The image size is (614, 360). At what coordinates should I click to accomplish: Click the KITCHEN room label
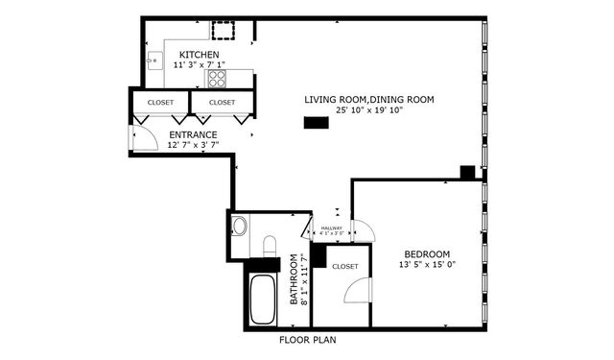point(199,55)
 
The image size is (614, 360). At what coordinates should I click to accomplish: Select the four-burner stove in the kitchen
point(218,78)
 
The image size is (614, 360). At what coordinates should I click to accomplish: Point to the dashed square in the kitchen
point(224,27)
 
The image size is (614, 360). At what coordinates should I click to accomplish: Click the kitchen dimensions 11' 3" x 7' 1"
point(199,65)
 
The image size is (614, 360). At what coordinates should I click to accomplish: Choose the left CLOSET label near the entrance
point(160,102)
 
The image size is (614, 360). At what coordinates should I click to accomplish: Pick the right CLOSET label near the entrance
point(222,102)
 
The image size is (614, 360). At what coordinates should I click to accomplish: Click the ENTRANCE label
point(193,134)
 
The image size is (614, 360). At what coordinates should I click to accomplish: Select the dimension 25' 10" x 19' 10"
point(369,110)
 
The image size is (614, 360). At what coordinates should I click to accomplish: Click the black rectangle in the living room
point(315,122)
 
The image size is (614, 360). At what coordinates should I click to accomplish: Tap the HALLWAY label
point(331,228)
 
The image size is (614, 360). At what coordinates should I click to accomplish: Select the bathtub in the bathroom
point(261,300)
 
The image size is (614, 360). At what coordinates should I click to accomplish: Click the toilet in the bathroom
point(269,246)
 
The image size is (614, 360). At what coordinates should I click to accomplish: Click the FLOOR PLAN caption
point(307,340)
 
